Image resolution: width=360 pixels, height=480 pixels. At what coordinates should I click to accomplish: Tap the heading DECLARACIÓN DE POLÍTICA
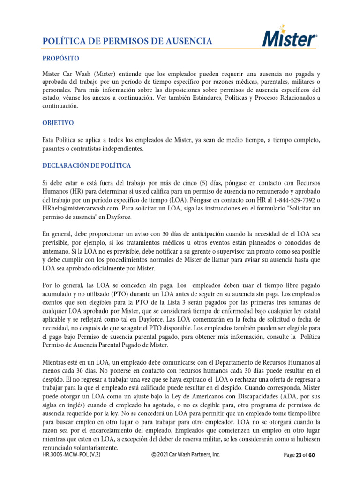87,166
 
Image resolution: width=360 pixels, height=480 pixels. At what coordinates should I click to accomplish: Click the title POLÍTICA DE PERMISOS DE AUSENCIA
127,42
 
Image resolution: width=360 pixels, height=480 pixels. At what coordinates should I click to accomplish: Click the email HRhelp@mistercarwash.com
80,208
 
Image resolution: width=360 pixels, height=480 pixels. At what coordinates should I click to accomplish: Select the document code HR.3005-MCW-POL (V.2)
71,455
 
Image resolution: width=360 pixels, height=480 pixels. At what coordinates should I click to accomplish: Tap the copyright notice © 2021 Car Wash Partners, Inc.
186,455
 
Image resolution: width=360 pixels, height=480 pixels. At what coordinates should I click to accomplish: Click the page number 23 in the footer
300,455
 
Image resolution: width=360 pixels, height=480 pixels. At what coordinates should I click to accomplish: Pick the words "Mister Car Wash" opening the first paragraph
63,75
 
